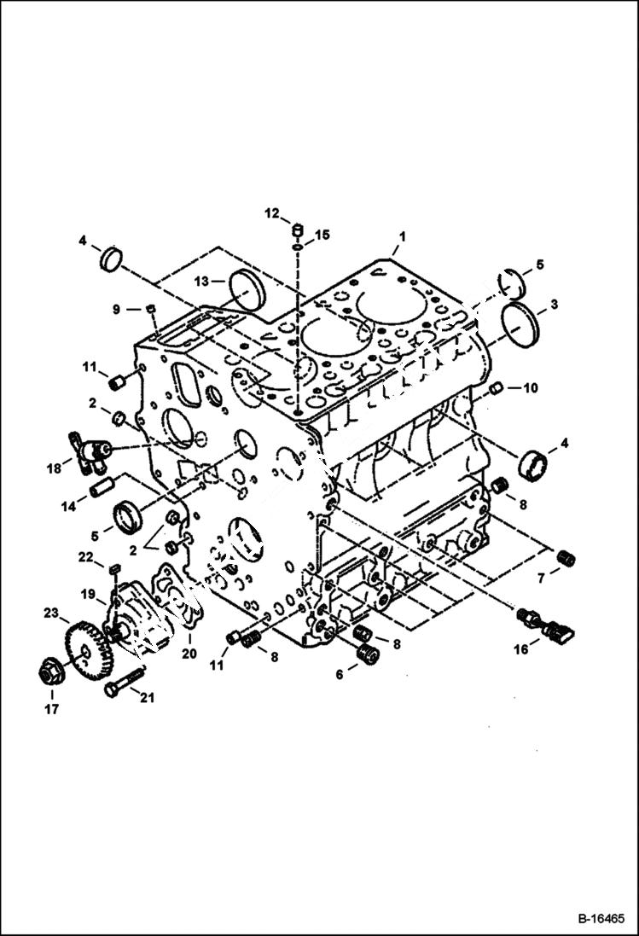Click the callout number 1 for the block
tap(402, 235)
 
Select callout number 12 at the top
tap(271, 213)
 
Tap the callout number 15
tap(322, 234)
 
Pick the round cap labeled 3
tap(518, 325)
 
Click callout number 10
tap(530, 388)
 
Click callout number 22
tap(85, 556)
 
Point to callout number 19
tap(88, 593)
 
